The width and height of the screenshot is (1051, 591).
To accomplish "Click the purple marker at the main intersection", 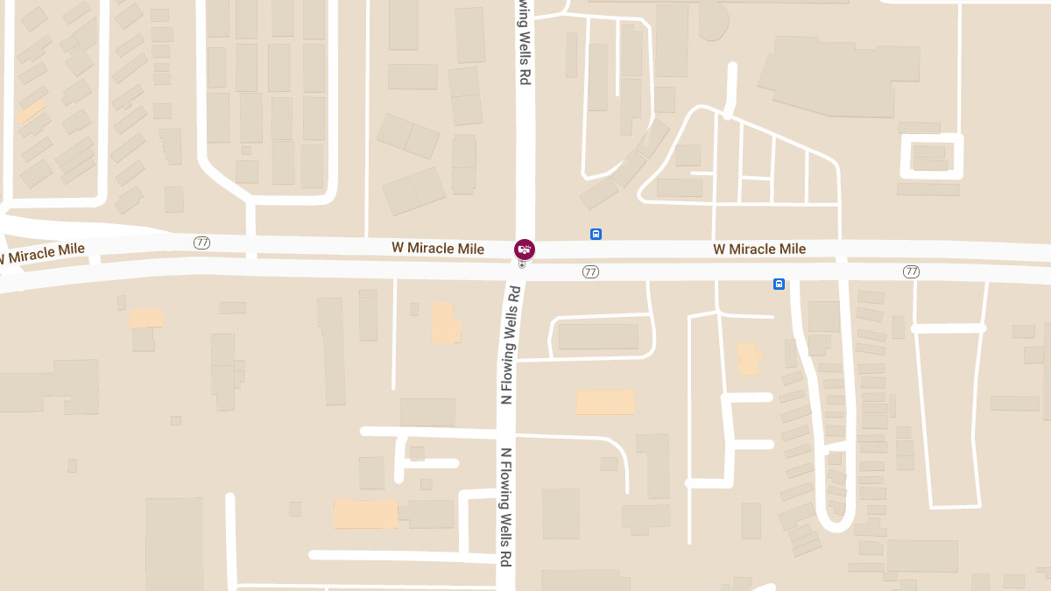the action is pos(524,250).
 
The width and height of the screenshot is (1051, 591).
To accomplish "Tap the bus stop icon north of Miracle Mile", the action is pos(596,234).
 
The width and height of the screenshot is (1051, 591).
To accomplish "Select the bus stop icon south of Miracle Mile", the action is pos(778,284).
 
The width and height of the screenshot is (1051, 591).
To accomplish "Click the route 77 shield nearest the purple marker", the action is pos(590,272).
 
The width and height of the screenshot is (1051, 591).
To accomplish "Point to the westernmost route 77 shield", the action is pos(202,243).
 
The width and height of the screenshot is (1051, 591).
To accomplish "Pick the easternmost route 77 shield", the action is pos(911,272).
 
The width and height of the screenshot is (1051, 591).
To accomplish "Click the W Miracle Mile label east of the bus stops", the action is pos(759,250).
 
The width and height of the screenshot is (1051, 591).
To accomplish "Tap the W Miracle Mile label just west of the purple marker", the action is pos(438,250).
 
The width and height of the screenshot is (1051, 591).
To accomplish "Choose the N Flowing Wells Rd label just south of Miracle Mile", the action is pos(510,345).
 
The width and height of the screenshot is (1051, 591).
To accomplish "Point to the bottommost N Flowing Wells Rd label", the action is pos(505,507).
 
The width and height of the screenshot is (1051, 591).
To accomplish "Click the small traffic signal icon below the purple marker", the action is pos(523,264).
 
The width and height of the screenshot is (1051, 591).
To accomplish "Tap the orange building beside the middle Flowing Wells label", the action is pos(445,323).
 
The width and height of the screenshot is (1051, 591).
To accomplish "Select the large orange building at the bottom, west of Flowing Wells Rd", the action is pos(365,514).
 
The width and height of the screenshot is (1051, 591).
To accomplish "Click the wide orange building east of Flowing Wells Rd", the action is pos(604,402).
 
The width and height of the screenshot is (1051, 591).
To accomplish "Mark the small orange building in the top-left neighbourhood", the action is pos(32,111).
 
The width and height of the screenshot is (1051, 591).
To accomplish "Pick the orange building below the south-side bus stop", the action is pos(749,359).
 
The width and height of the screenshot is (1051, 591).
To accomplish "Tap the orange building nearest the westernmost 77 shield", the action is pos(146,318).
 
